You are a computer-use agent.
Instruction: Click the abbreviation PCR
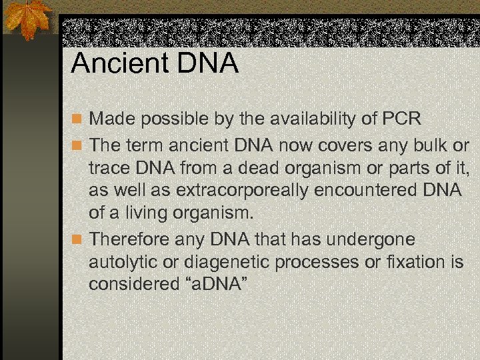click(x=402, y=120)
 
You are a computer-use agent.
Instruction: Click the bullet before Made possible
click(x=78, y=121)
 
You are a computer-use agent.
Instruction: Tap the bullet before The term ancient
click(x=78, y=145)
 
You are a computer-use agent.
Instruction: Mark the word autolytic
click(x=122, y=262)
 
